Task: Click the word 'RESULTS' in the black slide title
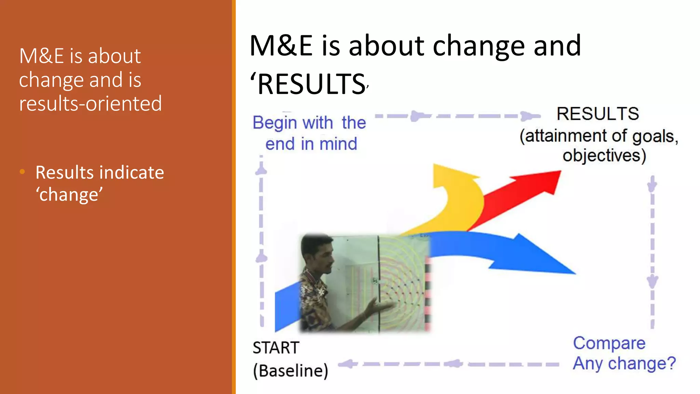(311, 84)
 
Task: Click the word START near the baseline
(276, 348)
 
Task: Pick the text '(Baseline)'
(291, 371)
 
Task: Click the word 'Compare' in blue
(609, 343)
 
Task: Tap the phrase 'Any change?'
(624, 363)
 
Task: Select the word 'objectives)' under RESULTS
(604, 156)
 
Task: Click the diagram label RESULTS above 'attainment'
(597, 114)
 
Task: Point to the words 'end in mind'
(311, 144)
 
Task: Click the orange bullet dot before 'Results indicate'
(23, 172)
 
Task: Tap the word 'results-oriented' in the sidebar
(90, 104)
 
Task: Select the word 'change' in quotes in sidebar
(69, 195)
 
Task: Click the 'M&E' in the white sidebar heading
(41, 56)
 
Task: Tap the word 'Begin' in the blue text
(275, 123)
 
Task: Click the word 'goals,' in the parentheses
(655, 136)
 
